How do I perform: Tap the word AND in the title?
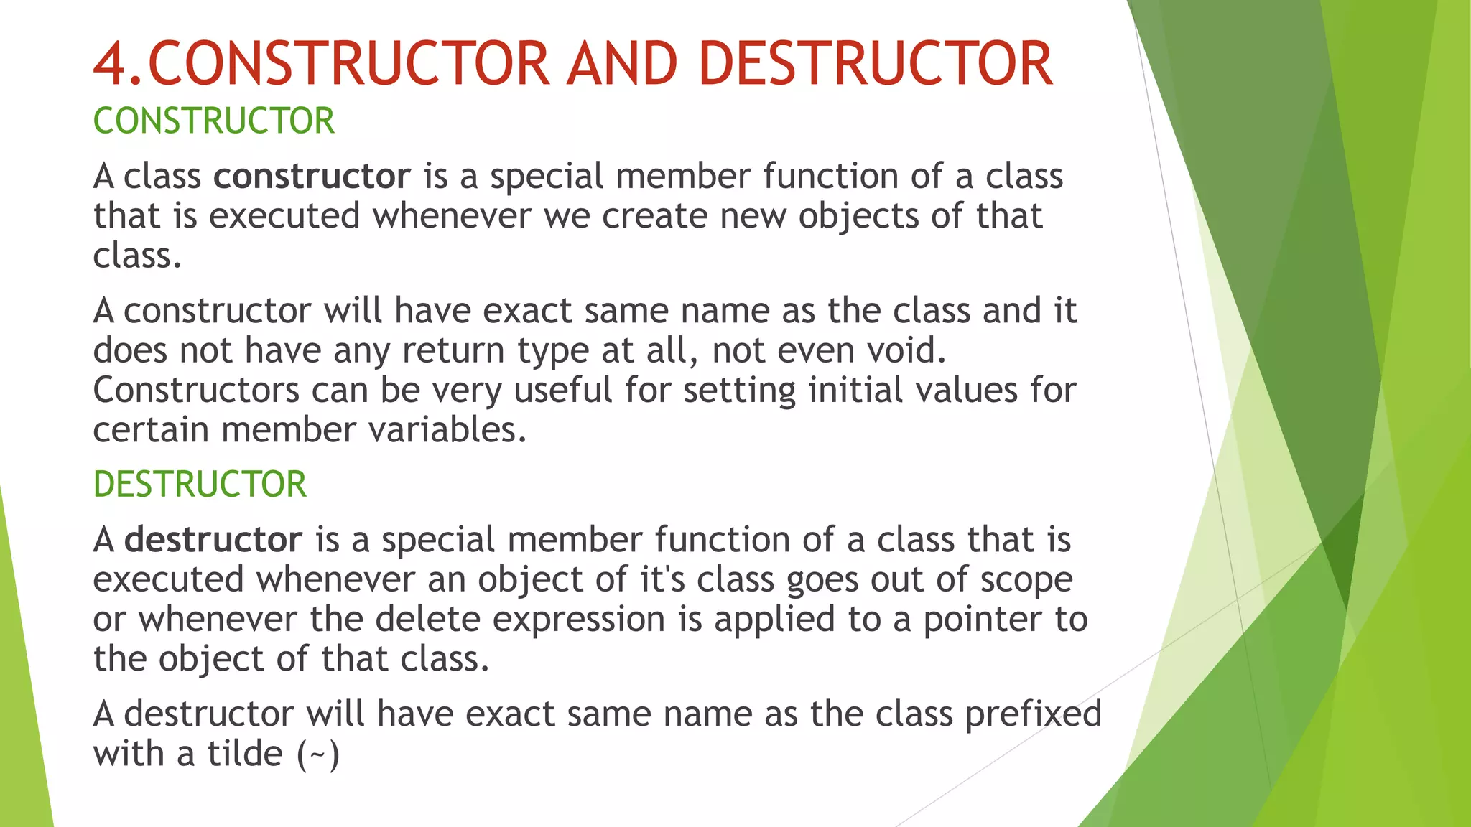622,64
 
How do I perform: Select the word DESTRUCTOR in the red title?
875,64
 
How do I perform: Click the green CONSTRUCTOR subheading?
213,121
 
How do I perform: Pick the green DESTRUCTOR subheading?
200,484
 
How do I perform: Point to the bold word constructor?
312,177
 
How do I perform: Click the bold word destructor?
213,540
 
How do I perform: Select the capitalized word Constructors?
195,391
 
